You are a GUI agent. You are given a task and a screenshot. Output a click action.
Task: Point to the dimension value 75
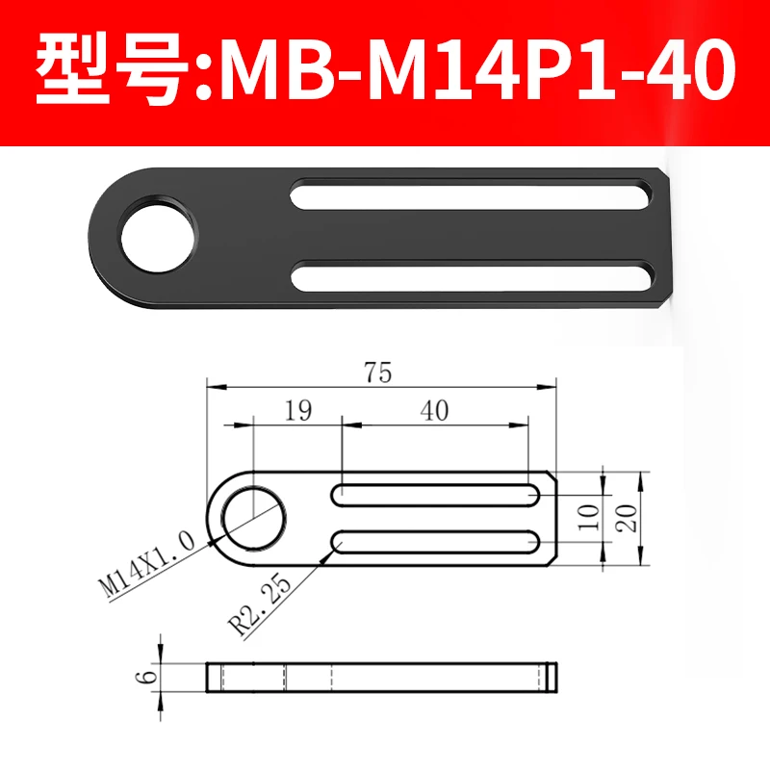(378, 373)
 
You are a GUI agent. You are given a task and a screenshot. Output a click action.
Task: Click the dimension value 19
(298, 411)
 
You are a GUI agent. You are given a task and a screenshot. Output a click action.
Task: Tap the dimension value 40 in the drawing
(435, 411)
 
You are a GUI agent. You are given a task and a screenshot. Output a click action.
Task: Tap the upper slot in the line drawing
(436, 495)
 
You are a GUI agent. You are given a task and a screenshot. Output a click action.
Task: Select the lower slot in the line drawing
(436, 542)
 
